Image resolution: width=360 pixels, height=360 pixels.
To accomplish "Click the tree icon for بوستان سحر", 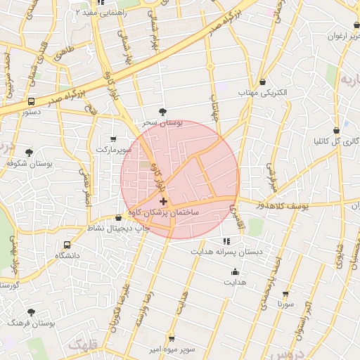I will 163,112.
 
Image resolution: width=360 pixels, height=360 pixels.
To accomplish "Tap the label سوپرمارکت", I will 114,150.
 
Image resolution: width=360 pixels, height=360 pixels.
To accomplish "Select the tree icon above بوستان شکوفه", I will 29,153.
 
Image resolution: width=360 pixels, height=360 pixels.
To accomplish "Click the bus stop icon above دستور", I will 30,101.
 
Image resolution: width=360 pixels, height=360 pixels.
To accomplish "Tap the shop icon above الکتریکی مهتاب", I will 263,82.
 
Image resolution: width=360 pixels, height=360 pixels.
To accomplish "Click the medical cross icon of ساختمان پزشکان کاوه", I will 164,202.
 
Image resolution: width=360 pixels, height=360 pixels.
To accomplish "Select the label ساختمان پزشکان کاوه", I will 164,212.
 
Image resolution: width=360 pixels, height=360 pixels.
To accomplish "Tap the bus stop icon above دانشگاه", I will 67,245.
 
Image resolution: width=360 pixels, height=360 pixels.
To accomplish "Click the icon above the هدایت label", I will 235,272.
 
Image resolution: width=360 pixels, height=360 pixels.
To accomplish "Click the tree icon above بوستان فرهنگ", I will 30,311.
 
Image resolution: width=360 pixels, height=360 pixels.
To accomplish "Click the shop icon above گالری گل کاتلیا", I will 336,130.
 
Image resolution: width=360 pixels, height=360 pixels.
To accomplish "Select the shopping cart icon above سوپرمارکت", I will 114,139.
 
